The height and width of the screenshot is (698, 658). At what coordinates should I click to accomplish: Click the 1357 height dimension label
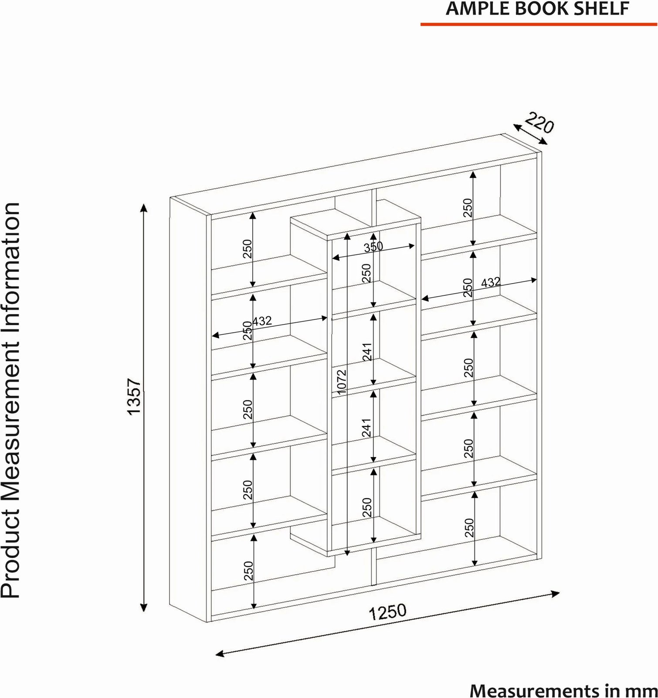point(135,396)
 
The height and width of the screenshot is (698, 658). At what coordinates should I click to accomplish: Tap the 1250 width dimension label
point(387,612)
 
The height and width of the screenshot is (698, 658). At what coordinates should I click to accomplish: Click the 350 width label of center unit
point(373,247)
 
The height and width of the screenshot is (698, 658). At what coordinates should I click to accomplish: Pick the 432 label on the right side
point(491,283)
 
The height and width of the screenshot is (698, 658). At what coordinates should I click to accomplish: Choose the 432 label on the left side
point(262,322)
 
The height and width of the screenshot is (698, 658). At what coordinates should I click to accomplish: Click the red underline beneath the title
point(539,24)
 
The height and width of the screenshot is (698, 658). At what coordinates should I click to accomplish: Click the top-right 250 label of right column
point(468,208)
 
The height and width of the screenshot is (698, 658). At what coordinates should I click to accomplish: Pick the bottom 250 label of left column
point(248,570)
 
